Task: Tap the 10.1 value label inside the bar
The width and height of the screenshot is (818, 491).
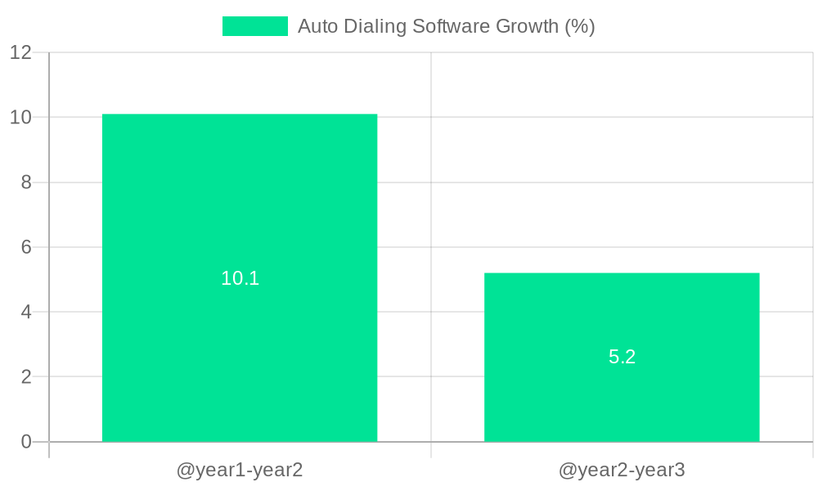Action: (240, 278)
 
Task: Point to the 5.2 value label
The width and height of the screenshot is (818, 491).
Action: (622, 357)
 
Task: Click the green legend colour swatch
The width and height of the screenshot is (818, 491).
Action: (254, 26)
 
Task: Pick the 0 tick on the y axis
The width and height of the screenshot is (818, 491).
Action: (25, 442)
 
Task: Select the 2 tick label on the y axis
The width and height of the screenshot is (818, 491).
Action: (25, 377)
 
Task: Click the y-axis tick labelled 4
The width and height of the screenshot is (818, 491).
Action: (25, 312)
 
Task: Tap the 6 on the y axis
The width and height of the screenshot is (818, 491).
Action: (25, 247)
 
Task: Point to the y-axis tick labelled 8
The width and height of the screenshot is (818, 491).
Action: (25, 182)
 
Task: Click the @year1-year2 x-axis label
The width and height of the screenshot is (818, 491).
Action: (240, 471)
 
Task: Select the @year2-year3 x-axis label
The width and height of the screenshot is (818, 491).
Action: (622, 471)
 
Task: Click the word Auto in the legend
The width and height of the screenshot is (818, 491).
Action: (316, 26)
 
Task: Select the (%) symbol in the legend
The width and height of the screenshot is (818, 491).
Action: (580, 26)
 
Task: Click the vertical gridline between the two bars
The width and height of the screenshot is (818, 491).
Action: (431, 205)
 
